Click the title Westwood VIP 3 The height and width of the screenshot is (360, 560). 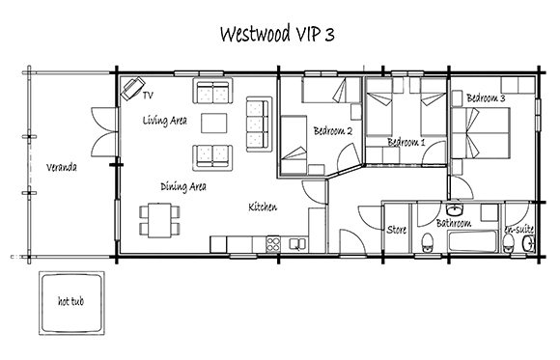tap(277, 35)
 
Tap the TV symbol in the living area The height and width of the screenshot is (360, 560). tap(132, 89)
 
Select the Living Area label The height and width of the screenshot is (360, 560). tap(165, 121)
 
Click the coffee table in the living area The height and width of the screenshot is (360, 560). tap(214, 124)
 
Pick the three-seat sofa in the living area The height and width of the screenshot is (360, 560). tap(259, 124)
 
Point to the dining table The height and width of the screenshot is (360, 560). tap(159, 220)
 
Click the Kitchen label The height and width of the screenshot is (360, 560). tap(263, 207)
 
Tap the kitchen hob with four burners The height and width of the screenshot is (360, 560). tap(273, 244)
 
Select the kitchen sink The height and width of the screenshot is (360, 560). tap(297, 244)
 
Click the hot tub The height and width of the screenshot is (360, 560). tap(71, 303)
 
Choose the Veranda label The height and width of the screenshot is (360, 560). tap(62, 167)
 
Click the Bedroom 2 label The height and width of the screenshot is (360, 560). tap(333, 130)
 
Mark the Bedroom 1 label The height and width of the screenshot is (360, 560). tap(406, 142)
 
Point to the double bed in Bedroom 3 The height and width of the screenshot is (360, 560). tap(481, 133)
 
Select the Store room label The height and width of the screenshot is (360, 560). tap(397, 230)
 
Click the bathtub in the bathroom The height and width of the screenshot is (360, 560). tap(472, 241)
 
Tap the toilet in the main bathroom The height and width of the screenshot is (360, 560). tap(427, 242)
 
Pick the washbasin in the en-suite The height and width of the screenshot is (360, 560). tap(528, 244)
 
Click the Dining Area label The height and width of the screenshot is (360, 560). tap(183, 186)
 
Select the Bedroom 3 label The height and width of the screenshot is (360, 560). tap(486, 97)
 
